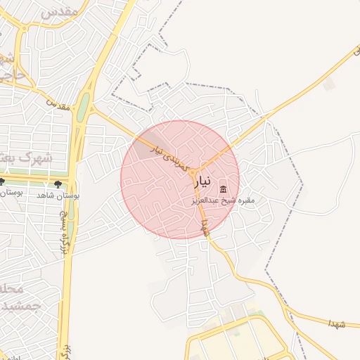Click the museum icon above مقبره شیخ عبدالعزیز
(x=224, y=188)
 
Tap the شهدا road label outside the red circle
(x=335, y=322)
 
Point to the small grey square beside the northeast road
(x=329, y=84)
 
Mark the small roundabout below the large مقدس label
(x=25, y=27)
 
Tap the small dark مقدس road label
(x=59, y=104)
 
